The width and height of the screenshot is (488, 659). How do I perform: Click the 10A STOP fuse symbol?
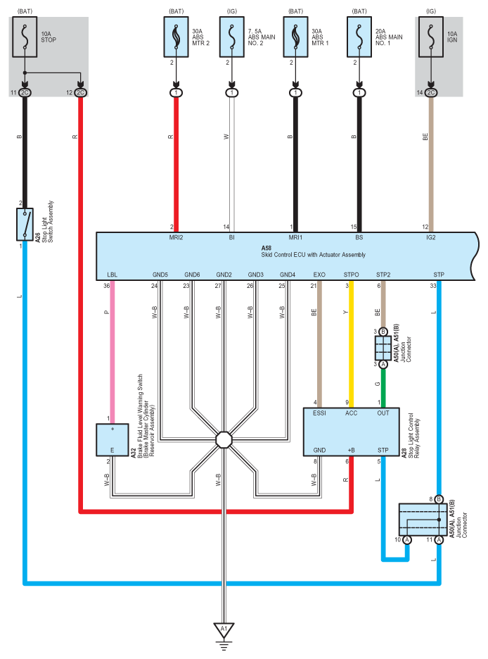coord(25,37)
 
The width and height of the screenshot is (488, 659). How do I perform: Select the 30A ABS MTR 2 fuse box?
coord(176,37)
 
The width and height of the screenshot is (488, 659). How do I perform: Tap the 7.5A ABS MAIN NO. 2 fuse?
coord(232,37)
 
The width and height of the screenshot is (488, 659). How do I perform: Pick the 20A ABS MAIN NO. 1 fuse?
coord(359,37)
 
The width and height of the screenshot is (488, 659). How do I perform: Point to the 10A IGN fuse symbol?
coord(431,37)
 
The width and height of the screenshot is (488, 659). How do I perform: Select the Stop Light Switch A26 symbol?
coord(25,225)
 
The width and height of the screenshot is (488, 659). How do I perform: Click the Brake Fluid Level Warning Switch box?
coord(113,439)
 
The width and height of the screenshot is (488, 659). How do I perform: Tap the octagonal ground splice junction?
coord(224,440)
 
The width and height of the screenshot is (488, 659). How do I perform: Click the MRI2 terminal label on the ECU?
coord(176,237)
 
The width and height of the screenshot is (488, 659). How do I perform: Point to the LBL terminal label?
coord(112,275)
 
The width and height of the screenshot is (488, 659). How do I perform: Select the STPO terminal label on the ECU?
coord(351,275)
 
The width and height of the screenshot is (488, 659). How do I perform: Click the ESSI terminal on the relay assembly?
coord(319,413)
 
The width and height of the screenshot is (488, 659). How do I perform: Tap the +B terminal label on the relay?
coord(351,450)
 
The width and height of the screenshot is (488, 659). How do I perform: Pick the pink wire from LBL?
coord(113,352)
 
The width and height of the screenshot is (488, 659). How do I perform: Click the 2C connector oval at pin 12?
coord(81,92)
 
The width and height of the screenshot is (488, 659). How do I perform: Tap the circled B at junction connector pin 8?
coord(439,499)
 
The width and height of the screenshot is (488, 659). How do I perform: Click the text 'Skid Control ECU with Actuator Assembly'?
coord(313,255)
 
